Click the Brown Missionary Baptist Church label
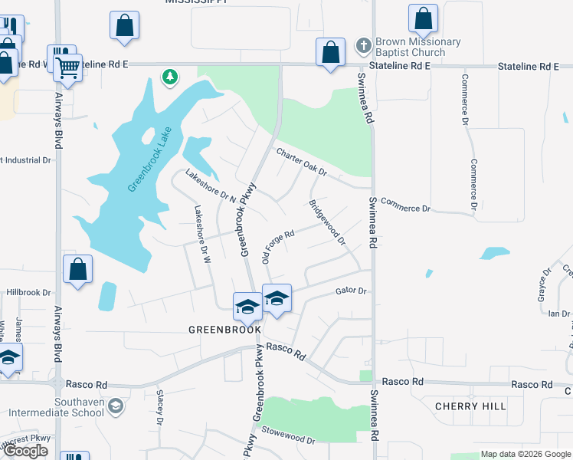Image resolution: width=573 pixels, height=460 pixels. pos(417,48)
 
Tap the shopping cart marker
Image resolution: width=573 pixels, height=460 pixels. pos(67,68)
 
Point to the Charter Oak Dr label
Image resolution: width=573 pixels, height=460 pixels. pos(302,162)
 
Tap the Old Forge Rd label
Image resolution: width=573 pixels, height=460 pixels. pos(278,245)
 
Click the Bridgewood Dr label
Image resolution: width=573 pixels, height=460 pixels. pos(328,222)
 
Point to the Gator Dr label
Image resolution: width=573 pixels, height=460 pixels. pos(352,291)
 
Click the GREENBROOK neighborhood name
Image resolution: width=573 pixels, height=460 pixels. pos(225,329)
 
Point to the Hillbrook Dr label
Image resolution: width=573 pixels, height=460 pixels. pos(28,293)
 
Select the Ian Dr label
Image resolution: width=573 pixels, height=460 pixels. pos(560,314)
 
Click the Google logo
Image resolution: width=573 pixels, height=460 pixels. pos(26,451)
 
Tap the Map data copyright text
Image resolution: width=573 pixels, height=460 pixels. pos(525,455)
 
